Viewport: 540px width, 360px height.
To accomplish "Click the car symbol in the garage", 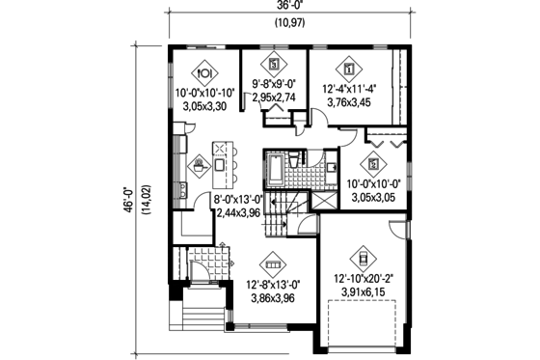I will pos(363,257).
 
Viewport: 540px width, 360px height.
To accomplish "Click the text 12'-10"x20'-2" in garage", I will pos(363,279).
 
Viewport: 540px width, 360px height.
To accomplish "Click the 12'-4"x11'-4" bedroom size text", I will pos(350,92).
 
